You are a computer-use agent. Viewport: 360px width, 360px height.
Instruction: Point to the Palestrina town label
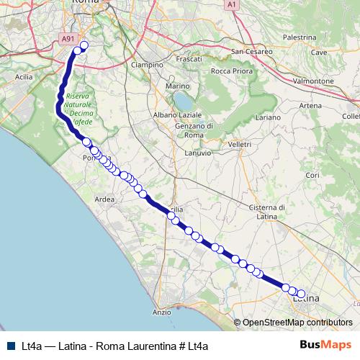[x=300, y=37]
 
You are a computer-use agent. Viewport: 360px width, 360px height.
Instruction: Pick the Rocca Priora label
[x=231, y=71]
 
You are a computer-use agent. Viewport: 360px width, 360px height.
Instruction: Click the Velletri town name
[x=239, y=144]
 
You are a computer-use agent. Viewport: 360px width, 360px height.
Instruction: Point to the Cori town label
[x=312, y=175]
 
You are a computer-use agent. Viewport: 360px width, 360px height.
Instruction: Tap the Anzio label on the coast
[x=162, y=312]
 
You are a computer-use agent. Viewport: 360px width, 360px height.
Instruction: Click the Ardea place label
[x=105, y=199]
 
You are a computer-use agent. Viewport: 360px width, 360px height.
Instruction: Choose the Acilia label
[x=24, y=76]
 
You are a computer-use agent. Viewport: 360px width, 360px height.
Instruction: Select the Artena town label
[x=310, y=106]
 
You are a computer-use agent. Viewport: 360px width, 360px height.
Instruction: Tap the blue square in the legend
[x=12, y=345]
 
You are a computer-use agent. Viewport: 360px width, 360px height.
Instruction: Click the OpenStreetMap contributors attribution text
[x=297, y=323]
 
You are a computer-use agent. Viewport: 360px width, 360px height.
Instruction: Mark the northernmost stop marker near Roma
[x=83, y=46]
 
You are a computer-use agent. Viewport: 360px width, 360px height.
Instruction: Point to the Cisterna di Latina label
[x=267, y=212]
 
